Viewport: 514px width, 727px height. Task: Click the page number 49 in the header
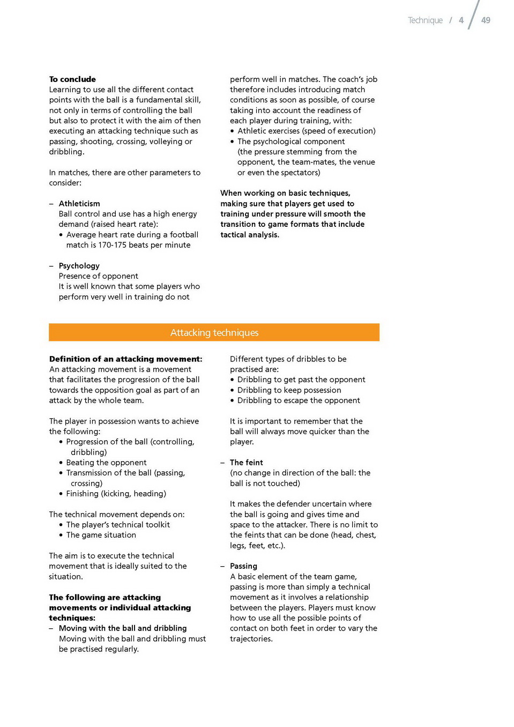coord(486,20)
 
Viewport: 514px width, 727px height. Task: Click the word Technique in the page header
coord(425,20)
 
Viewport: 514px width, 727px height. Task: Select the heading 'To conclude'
coord(72,79)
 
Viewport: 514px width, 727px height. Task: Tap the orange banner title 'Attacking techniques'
coord(214,332)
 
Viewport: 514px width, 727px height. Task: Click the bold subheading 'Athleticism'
coord(79,204)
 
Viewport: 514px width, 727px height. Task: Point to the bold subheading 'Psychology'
coord(79,266)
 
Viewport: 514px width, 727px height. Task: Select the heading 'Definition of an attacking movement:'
coord(125,359)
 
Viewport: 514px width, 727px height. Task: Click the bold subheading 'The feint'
coord(246,463)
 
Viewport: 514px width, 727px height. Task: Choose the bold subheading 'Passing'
coord(243,566)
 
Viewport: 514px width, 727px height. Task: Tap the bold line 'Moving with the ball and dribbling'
coord(123,628)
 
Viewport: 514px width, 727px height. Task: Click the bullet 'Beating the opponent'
coord(106,463)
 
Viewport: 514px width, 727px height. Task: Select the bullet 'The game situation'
coord(101,535)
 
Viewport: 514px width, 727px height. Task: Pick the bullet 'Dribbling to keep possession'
coord(289,390)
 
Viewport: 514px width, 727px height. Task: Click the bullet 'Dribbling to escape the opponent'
coord(299,400)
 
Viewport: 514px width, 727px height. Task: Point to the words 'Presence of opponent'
coord(99,276)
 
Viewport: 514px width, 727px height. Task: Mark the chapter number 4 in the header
coord(461,20)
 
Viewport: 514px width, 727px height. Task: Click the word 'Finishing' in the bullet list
coord(83,494)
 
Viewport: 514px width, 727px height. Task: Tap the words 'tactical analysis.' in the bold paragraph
coord(250,235)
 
